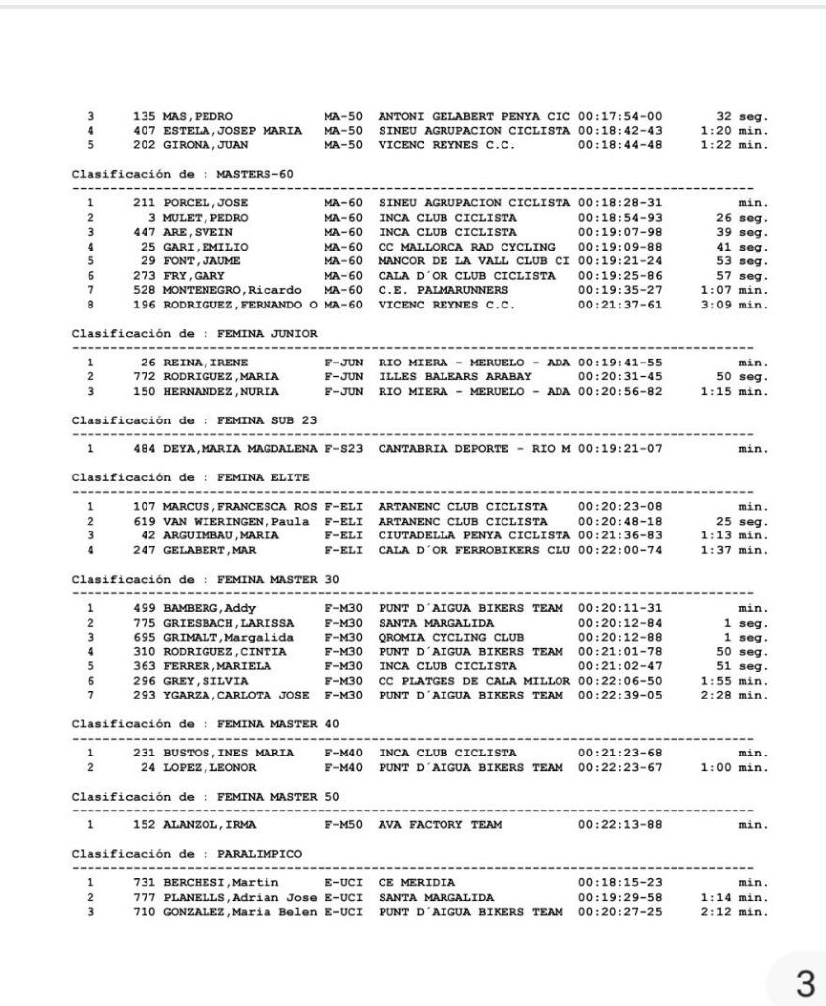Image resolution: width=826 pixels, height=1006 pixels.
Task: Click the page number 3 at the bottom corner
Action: (805, 982)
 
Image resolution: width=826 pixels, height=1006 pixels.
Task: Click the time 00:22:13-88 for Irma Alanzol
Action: (619, 824)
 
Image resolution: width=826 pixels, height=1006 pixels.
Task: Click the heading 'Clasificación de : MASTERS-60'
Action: (183, 174)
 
